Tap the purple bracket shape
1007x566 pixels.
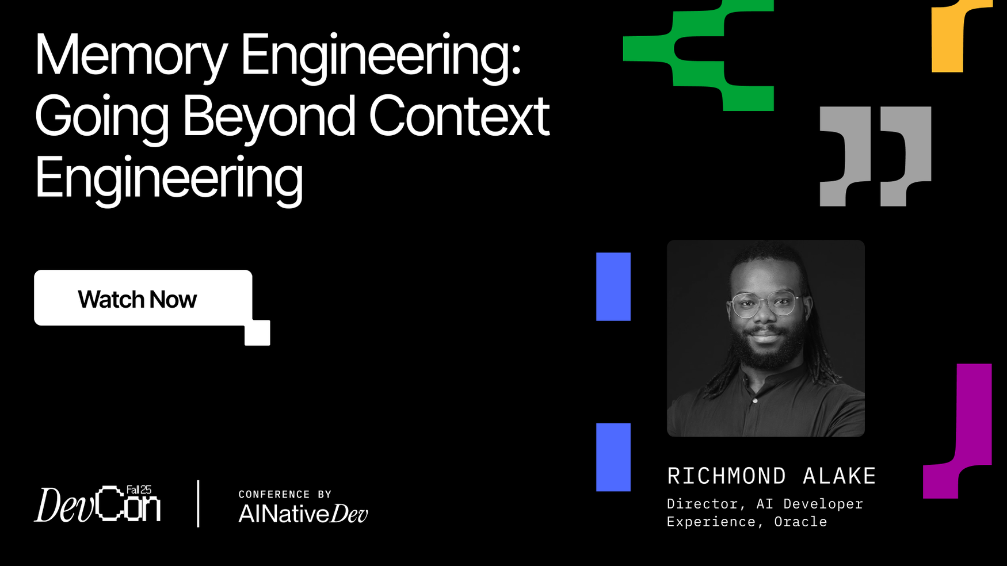point(967,437)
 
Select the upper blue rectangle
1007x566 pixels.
point(613,286)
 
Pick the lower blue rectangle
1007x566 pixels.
point(613,457)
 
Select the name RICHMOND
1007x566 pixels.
point(726,476)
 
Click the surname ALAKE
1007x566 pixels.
point(840,476)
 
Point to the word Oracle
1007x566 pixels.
point(800,522)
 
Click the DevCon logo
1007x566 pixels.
point(97,505)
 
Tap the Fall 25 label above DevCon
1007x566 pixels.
point(139,490)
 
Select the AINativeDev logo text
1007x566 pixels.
point(303,514)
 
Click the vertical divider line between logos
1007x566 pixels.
point(198,504)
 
